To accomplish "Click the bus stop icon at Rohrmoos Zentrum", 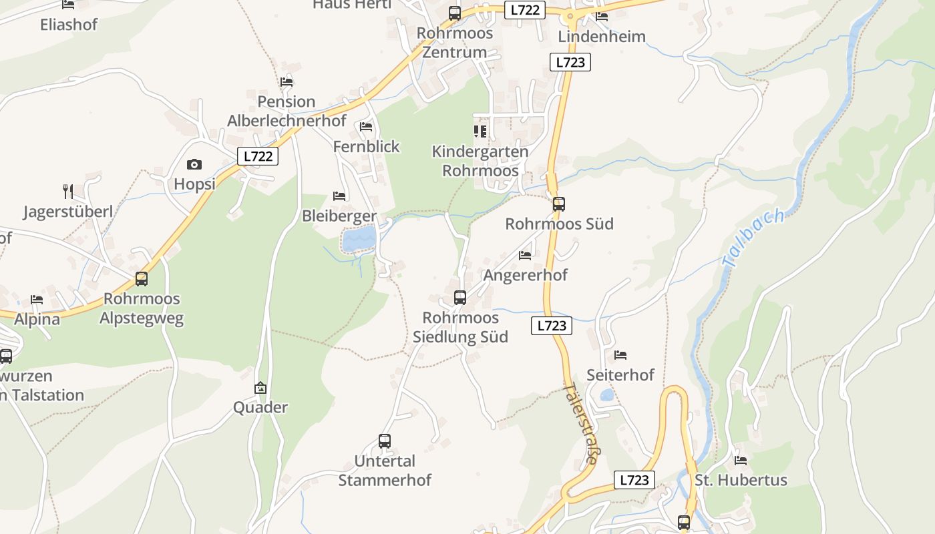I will tap(455, 13).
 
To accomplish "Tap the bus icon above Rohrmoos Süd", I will tap(559, 204).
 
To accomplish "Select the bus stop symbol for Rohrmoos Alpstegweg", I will tap(142, 279).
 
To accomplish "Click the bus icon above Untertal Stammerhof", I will tap(385, 441).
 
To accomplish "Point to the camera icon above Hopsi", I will tap(194, 164).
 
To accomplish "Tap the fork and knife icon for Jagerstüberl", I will tap(67, 192).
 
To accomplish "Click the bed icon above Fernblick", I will tap(366, 126).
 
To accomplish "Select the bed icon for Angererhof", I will tap(525, 255).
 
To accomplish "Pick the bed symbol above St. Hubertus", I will tap(741, 460).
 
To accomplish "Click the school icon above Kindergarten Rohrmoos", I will tap(480, 131).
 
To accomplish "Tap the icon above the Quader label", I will tap(260, 388).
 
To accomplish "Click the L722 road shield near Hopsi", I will tap(258, 156).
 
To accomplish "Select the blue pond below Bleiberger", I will tap(359, 238).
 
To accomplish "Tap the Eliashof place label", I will tap(69, 25).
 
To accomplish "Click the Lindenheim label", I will tap(602, 36).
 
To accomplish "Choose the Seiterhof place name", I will tap(620, 375).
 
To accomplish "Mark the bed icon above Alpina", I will tap(37, 300).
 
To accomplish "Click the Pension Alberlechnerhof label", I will tap(287, 111).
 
